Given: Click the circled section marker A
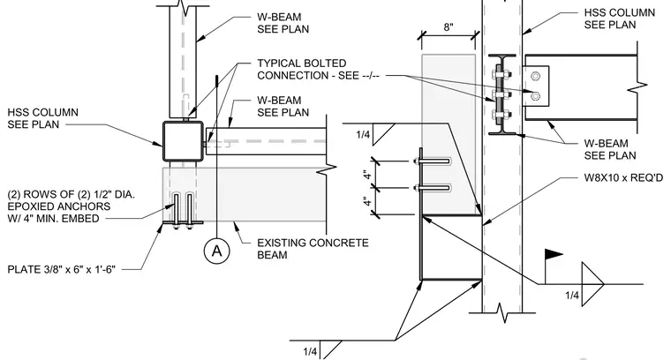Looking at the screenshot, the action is [216, 251].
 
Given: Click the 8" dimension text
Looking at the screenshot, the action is [448, 27].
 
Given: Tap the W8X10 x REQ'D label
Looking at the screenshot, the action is [623, 177].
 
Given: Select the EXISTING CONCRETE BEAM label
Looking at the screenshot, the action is [313, 249].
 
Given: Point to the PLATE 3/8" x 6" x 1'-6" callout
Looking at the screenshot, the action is [61, 269].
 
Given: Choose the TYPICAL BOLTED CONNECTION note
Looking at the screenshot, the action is [318, 69].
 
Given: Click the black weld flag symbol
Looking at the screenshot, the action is [553, 255].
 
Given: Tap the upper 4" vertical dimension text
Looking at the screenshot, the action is [366, 175].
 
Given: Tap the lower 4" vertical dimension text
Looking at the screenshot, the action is [366, 201].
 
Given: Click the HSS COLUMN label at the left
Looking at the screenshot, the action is [42, 118].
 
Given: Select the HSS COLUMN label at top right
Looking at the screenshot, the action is [619, 19].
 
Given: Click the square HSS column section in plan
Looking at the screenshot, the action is [183, 141].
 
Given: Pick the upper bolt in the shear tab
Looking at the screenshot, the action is [535, 77].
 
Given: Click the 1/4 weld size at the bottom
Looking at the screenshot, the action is [310, 351].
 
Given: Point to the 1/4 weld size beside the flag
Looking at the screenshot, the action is [572, 295].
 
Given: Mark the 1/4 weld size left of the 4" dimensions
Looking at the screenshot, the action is [363, 135].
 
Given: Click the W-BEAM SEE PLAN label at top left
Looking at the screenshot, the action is [283, 23].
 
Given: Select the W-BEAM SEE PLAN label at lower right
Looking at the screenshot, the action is [610, 149].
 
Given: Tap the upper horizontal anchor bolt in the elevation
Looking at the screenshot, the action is [433, 161].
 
